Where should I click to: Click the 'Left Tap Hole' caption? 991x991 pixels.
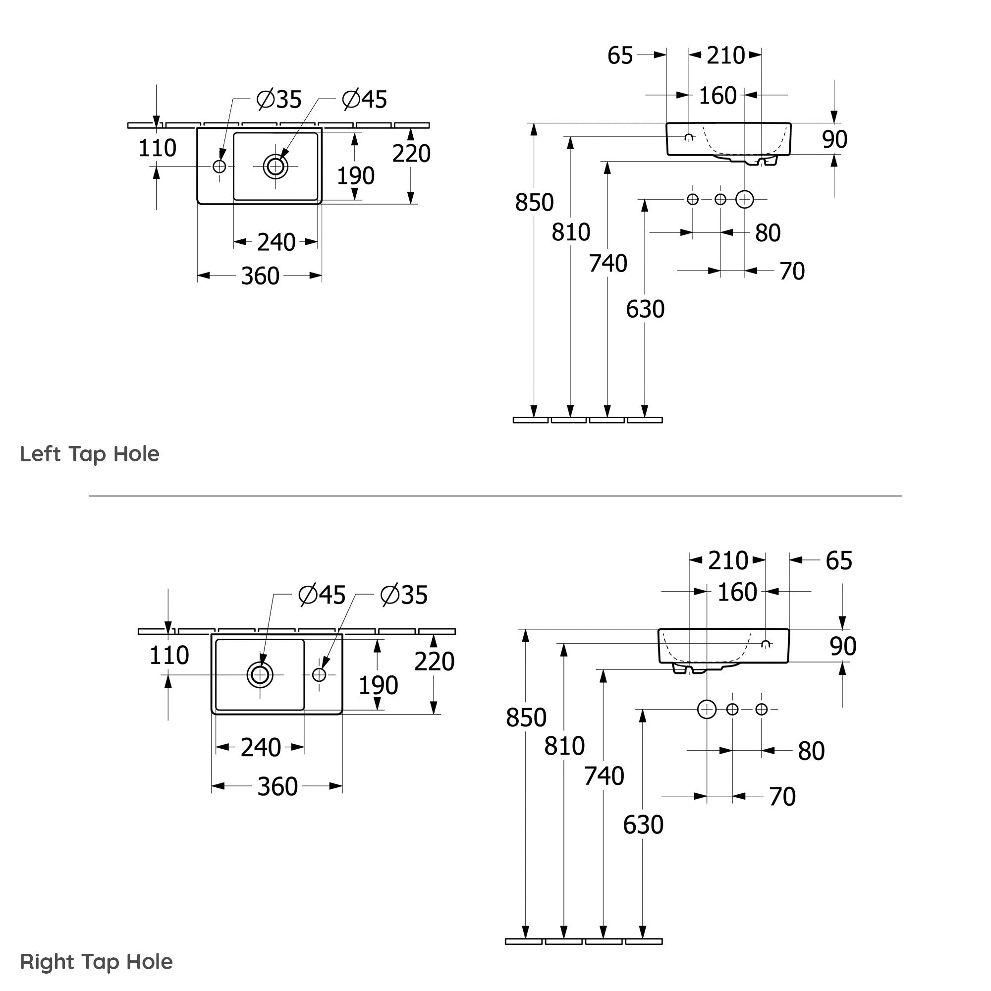(90, 454)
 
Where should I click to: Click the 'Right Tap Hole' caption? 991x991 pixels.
(97, 962)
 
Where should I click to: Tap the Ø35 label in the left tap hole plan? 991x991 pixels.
(279, 100)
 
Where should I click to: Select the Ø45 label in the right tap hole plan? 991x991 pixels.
(322, 595)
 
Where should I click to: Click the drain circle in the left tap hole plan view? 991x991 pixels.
(275, 166)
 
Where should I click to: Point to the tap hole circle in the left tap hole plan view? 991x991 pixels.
(220, 166)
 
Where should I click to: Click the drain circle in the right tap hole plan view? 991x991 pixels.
(260, 675)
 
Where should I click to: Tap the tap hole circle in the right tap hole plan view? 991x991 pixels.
(319, 675)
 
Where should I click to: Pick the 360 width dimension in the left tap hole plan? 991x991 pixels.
(260, 276)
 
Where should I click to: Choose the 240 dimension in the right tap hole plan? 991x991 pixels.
(261, 748)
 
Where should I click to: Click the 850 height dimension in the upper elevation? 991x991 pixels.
(535, 203)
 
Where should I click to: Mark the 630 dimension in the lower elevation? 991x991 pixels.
(643, 825)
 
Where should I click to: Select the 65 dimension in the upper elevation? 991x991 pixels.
(620, 55)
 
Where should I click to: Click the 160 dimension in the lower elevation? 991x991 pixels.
(737, 593)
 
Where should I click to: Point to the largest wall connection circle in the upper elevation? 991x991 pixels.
(745, 200)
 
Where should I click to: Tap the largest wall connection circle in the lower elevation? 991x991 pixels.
(707, 710)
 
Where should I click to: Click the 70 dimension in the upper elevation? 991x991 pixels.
(792, 272)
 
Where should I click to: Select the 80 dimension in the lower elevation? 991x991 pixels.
(811, 752)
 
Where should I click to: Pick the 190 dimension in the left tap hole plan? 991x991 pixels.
(355, 176)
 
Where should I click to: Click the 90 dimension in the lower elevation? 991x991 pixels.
(843, 646)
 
